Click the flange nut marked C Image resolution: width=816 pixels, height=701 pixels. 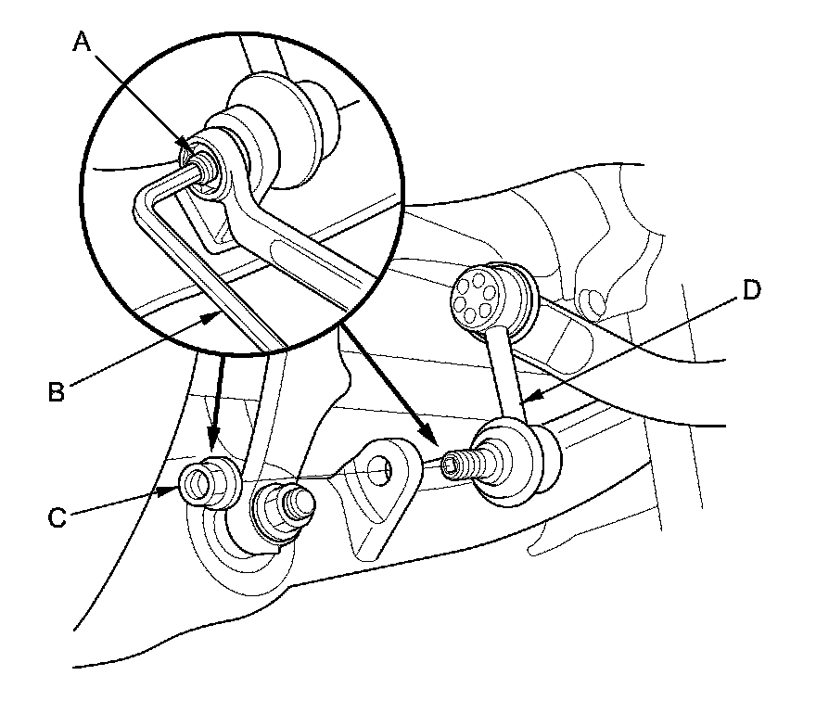pos(206,483)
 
